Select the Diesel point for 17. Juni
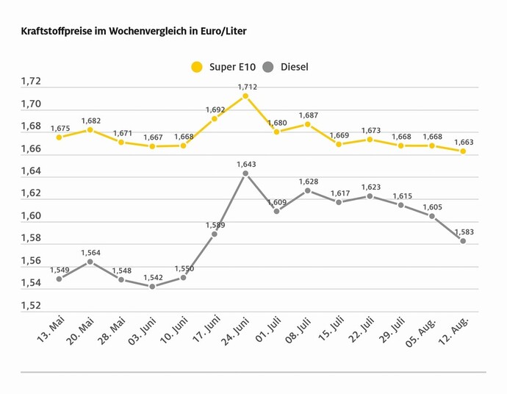215,234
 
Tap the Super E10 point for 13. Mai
59,137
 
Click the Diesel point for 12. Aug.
463,241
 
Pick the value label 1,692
215,110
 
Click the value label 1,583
463,232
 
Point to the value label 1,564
90,253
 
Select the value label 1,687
308,115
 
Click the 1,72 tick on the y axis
31,82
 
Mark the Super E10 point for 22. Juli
370,139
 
